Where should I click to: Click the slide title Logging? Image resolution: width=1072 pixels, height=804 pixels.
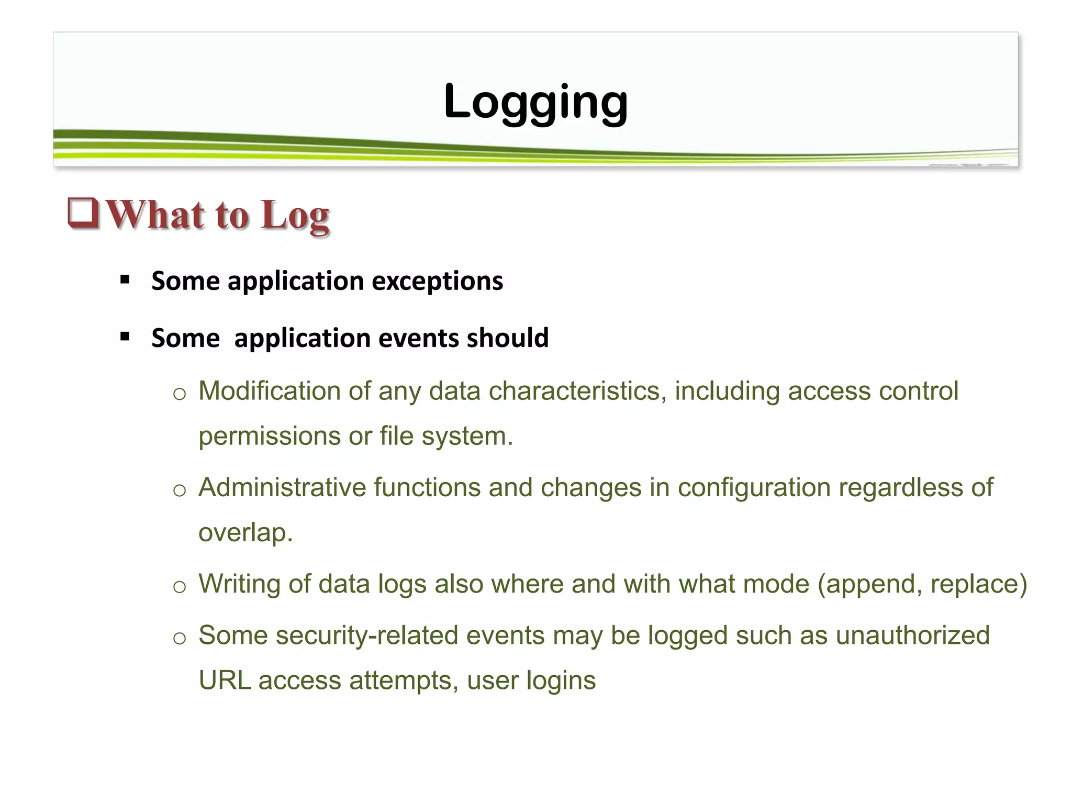[x=535, y=102]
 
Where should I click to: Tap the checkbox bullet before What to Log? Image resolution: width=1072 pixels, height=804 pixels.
[x=84, y=214]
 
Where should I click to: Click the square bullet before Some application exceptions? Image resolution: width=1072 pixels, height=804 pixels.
[x=125, y=280]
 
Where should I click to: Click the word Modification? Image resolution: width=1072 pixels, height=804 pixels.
[x=284, y=391]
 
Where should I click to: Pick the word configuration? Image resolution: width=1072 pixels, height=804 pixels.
[x=754, y=487]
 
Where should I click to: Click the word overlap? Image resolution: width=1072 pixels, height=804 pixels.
[x=245, y=533]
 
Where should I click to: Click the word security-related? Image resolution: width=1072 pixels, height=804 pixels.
[x=367, y=635]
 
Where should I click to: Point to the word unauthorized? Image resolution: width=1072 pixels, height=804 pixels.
[x=912, y=635]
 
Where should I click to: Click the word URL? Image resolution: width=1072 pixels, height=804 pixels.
[x=225, y=680]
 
